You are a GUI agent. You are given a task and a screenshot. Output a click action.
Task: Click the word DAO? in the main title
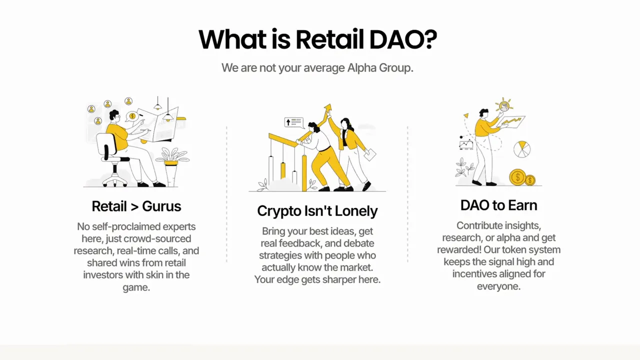403,39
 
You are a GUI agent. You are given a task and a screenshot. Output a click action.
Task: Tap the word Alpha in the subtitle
359,67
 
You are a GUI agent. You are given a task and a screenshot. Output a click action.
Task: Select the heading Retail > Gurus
136,206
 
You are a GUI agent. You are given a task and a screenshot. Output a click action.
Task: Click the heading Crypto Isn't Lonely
317,210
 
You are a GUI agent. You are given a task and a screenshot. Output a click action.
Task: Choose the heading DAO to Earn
498,205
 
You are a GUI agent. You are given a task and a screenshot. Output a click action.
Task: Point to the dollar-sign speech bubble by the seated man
132,116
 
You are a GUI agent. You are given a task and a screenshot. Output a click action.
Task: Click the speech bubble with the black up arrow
293,122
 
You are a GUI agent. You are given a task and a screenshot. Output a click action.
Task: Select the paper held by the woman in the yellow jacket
370,155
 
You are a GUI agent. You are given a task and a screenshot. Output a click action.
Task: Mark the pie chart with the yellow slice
522,148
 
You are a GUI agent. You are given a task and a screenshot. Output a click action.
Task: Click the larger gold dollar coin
517,177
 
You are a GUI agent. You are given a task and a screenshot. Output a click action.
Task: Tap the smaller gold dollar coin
530,179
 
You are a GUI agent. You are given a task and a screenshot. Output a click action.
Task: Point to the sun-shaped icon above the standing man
504,105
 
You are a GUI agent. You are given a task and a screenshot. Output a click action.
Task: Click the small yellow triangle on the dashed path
466,115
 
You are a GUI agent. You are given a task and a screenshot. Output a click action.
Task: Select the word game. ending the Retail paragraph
136,287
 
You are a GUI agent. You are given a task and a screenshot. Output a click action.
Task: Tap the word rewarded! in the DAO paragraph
459,249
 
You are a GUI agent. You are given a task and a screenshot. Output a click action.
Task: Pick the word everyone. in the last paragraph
498,286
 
